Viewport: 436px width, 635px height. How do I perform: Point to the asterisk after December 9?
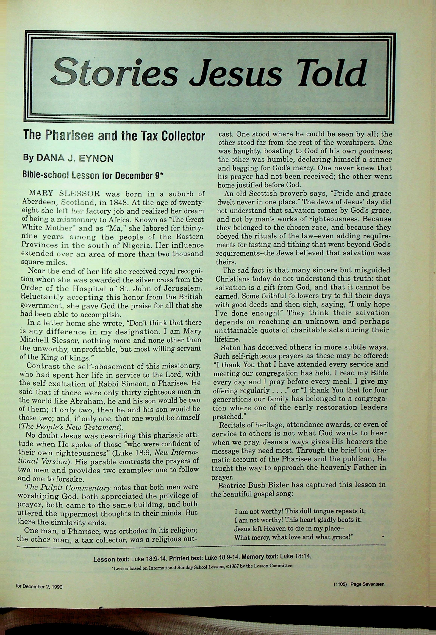click(161, 174)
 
